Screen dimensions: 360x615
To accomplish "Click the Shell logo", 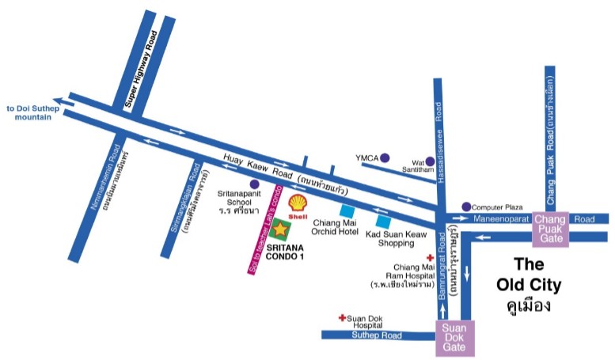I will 298,205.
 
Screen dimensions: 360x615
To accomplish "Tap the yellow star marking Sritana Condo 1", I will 280,230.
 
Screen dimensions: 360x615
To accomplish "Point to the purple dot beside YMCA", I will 385,157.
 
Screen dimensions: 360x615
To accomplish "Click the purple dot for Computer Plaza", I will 466,207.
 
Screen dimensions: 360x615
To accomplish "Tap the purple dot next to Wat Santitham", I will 430,161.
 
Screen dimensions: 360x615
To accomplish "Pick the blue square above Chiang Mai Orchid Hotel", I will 347,210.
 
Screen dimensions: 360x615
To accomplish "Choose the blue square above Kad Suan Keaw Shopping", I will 383,221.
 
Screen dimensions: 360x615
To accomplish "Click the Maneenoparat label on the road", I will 503,218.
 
